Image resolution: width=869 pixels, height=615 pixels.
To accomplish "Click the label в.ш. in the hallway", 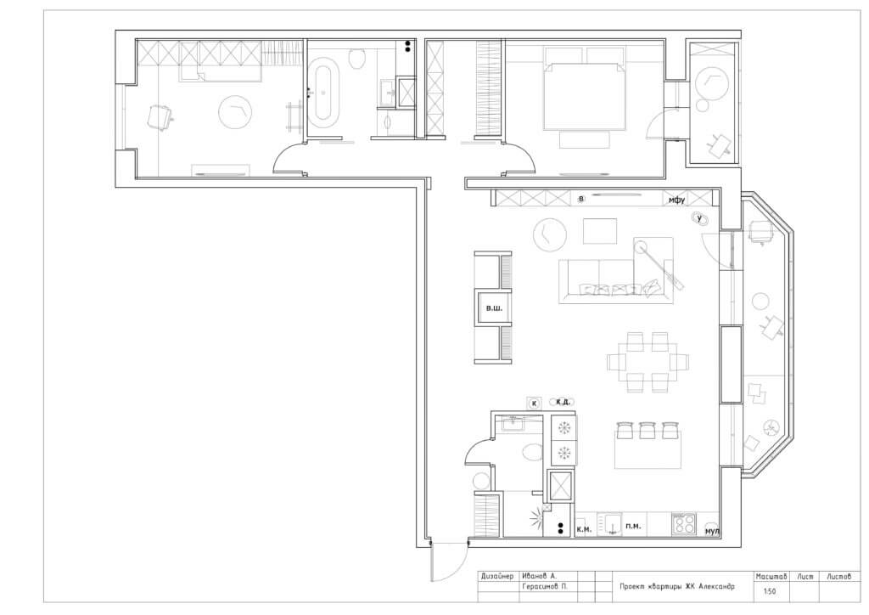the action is coord(494,307).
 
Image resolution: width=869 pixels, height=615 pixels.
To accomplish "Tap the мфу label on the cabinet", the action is coord(676,200).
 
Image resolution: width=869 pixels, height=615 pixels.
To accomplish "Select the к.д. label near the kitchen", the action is coord(563,402).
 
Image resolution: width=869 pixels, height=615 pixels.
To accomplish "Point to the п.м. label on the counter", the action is coord(633,526).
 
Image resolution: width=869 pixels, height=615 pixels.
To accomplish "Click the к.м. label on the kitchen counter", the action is coord(584,529).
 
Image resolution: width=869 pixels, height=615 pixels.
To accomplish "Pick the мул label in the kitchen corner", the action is coord(712,532).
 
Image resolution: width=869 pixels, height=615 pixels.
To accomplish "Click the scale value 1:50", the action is coord(770,591).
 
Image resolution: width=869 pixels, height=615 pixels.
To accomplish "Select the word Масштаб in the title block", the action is coord(771,577).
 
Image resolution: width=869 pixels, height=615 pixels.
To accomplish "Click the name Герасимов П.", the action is coord(544,587).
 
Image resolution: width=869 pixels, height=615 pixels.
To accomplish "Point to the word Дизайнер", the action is coord(497,576).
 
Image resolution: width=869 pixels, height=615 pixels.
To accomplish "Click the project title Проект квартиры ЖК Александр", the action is coord(676,586).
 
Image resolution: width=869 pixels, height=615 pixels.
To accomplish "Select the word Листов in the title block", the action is coord(838,577).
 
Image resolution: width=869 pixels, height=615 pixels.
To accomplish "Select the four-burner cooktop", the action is coord(685,524).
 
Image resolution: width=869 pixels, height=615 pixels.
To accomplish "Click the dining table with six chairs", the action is coord(648,363).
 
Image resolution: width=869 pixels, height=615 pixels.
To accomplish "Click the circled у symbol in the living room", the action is coord(700,218).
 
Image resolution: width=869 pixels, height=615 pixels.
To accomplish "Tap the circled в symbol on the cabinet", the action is coord(580,199).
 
